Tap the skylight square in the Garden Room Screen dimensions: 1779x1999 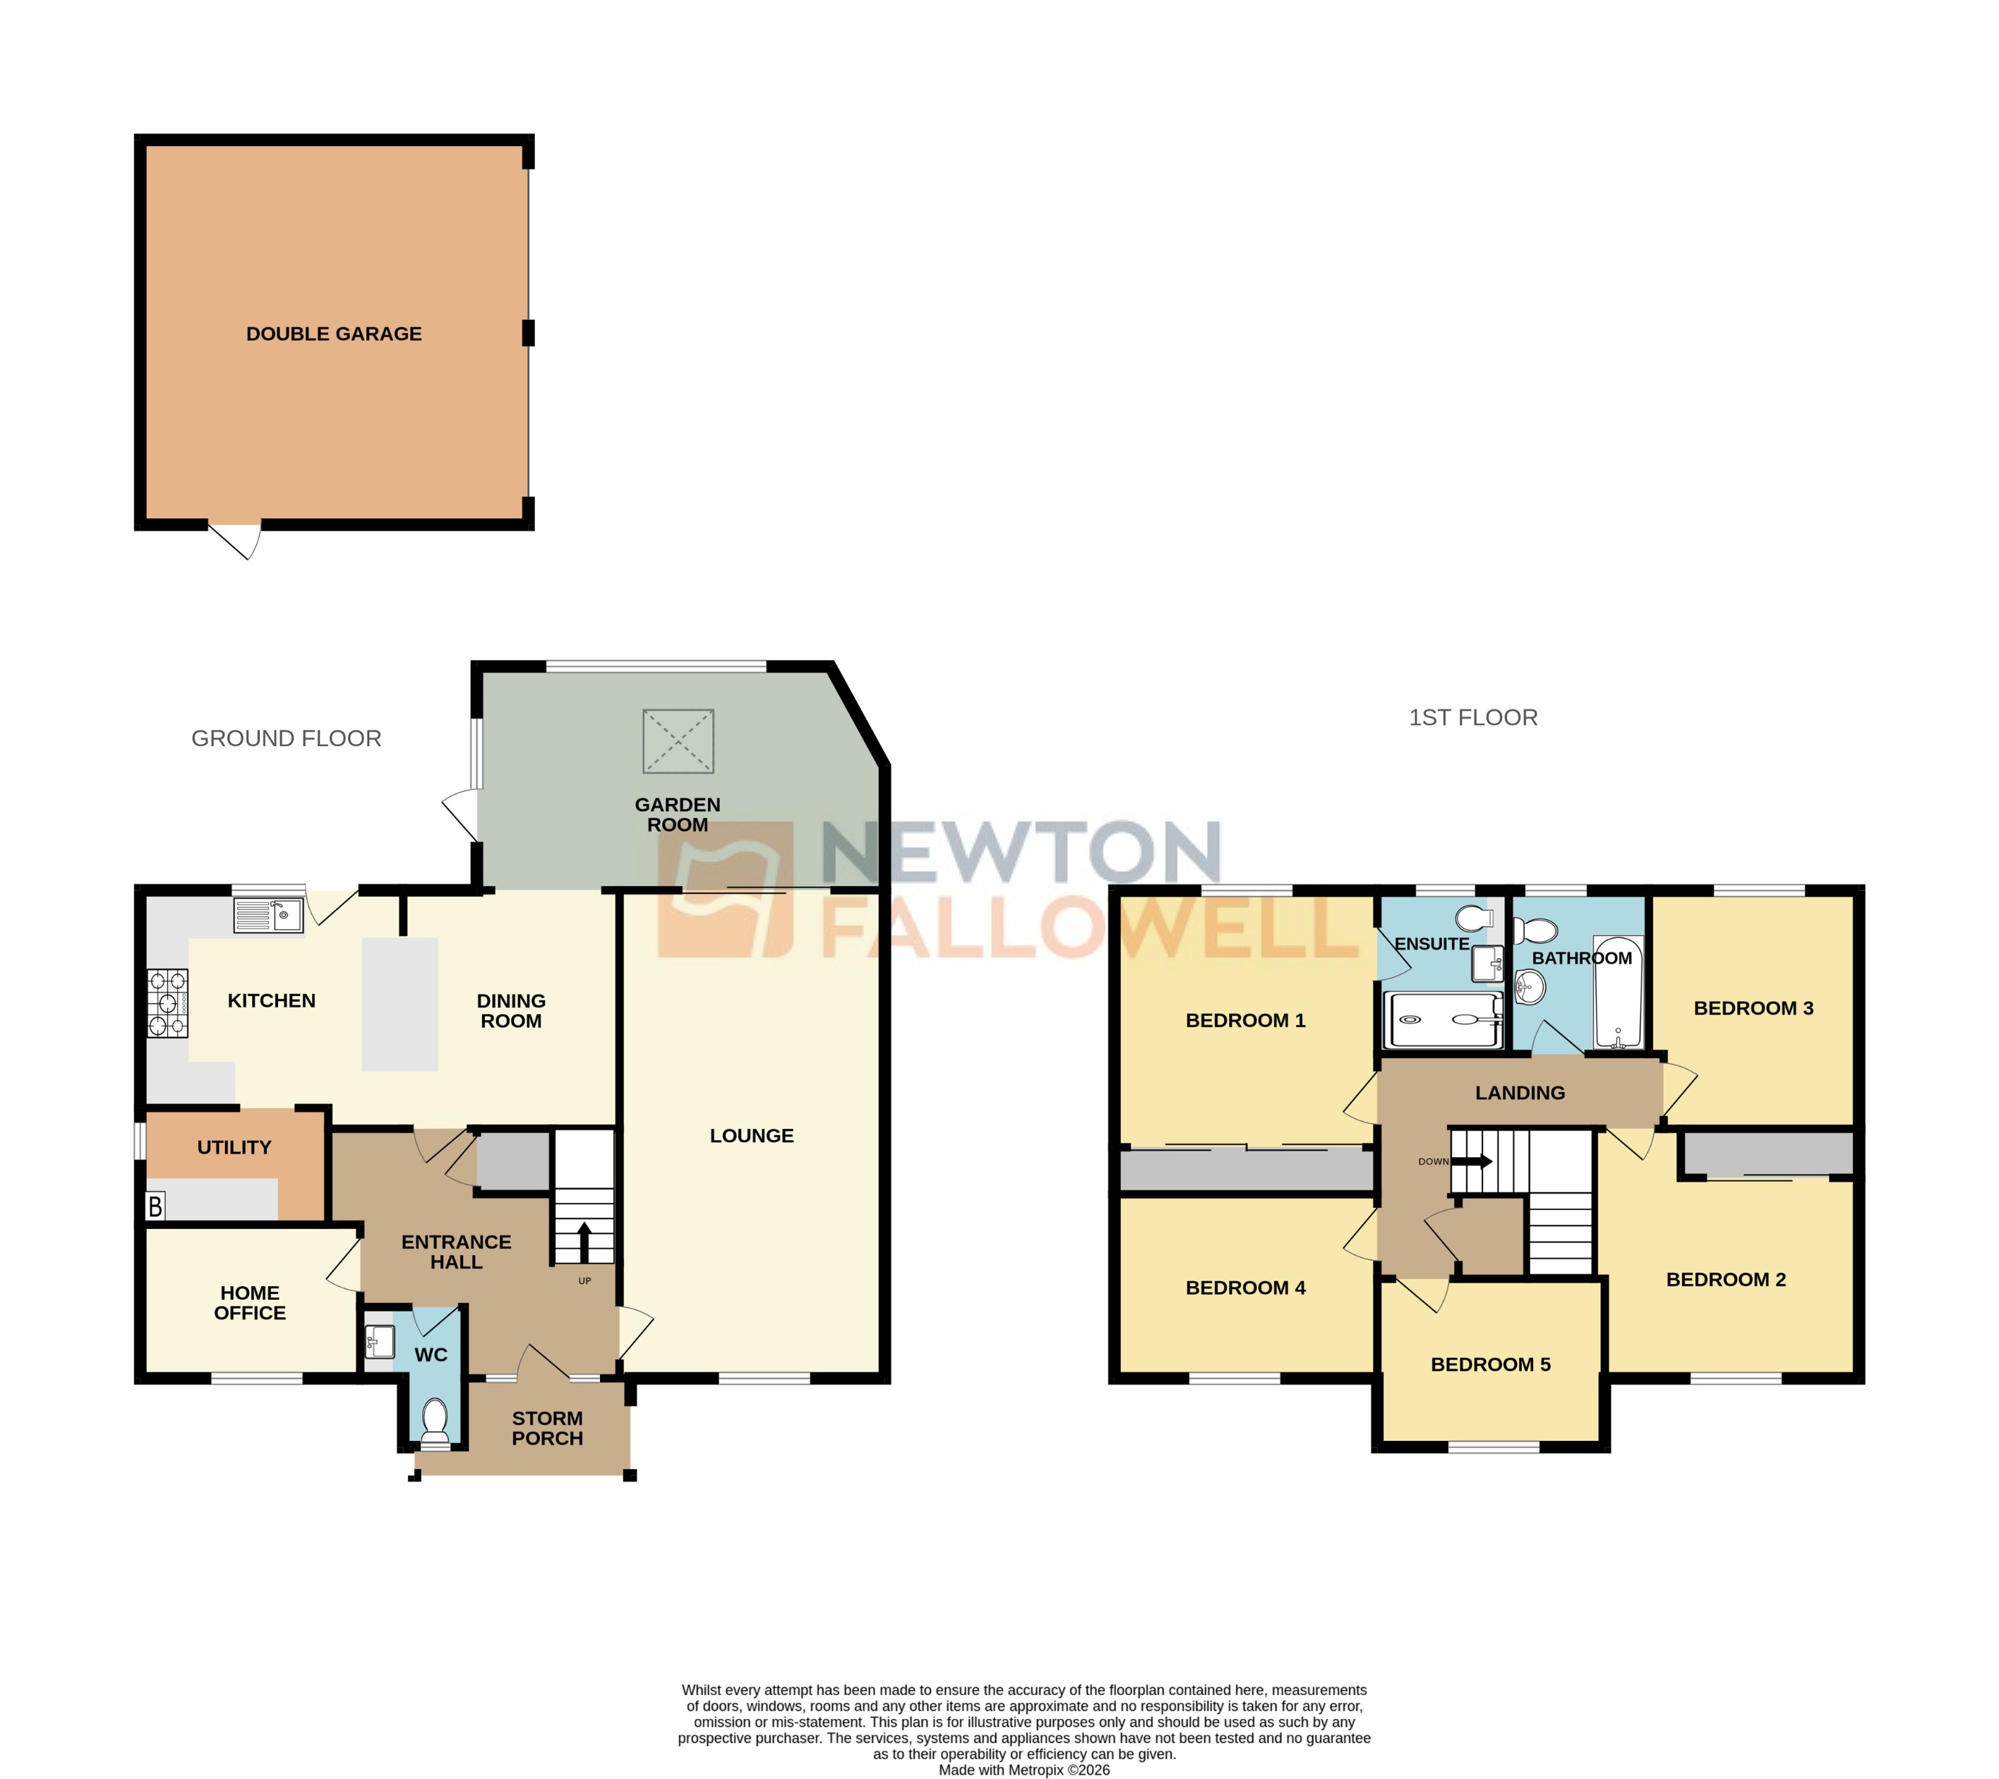(x=678, y=741)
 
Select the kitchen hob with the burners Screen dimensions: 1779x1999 (x=167, y=1002)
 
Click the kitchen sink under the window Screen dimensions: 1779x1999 (x=268, y=916)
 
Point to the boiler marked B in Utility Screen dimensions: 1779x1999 (x=155, y=1206)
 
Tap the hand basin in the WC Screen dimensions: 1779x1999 (x=378, y=1341)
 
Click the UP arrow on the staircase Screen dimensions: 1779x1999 (x=584, y=1240)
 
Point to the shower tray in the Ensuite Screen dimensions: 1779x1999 (x=1441, y=1020)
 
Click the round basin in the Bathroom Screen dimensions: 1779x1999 (x=1529, y=988)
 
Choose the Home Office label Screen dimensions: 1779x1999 (x=251, y=1302)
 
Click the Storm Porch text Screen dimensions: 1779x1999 (x=547, y=1428)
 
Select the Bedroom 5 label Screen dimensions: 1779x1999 (x=1491, y=1365)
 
